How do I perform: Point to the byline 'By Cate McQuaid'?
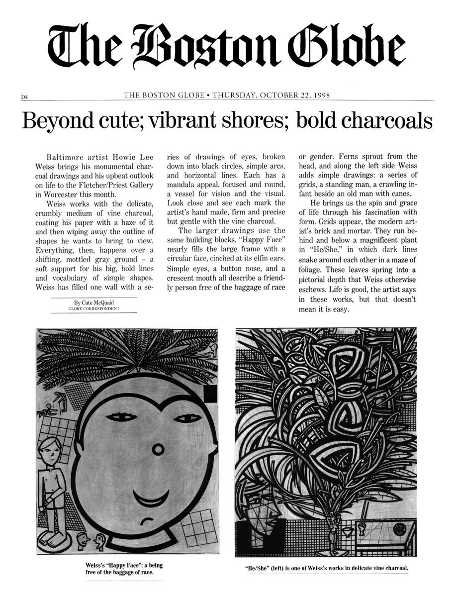point(93,302)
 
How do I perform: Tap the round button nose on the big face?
point(158,450)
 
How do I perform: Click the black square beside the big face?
point(210,395)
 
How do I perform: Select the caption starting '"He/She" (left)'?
point(326,568)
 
